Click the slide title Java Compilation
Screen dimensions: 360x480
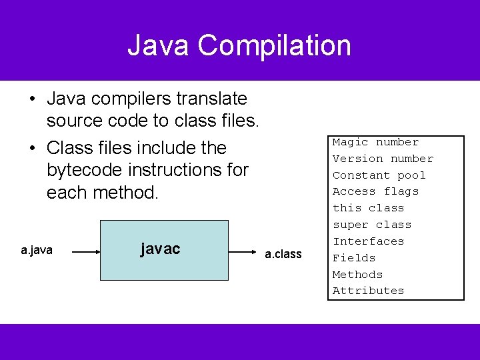pyautogui.click(x=239, y=45)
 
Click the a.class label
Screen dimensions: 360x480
pyautogui.click(x=283, y=254)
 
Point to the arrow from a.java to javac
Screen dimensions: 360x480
pyautogui.click(x=85, y=253)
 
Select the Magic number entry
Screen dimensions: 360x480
pyautogui.click(x=375, y=142)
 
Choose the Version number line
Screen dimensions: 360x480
pyautogui.click(x=383, y=159)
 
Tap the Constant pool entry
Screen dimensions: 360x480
pyautogui.click(x=379, y=175)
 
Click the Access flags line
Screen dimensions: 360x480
pyautogui.click(x=375, y=191)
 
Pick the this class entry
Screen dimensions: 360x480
pyautogui.click(x=368, y=208)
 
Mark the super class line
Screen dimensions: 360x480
pyautogui.click(x=372, y=225)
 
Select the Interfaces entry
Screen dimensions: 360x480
pyautogui.click(x=368, y=241)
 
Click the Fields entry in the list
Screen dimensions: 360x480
pyautogui.click(x=354, y=258)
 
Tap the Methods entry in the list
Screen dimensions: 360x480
pyautogui.click(x=357, y=274)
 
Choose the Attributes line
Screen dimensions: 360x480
pyautogui.click(x=368, y=291)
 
